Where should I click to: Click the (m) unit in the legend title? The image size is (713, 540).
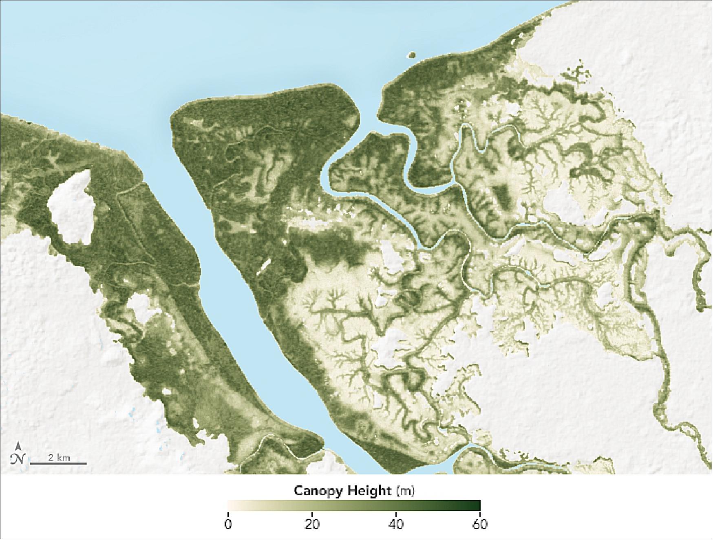(x=406, y=491)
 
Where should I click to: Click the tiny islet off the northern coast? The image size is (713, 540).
(x=411, y=54)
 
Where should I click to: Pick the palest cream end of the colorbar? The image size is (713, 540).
(x=230, y=505)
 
